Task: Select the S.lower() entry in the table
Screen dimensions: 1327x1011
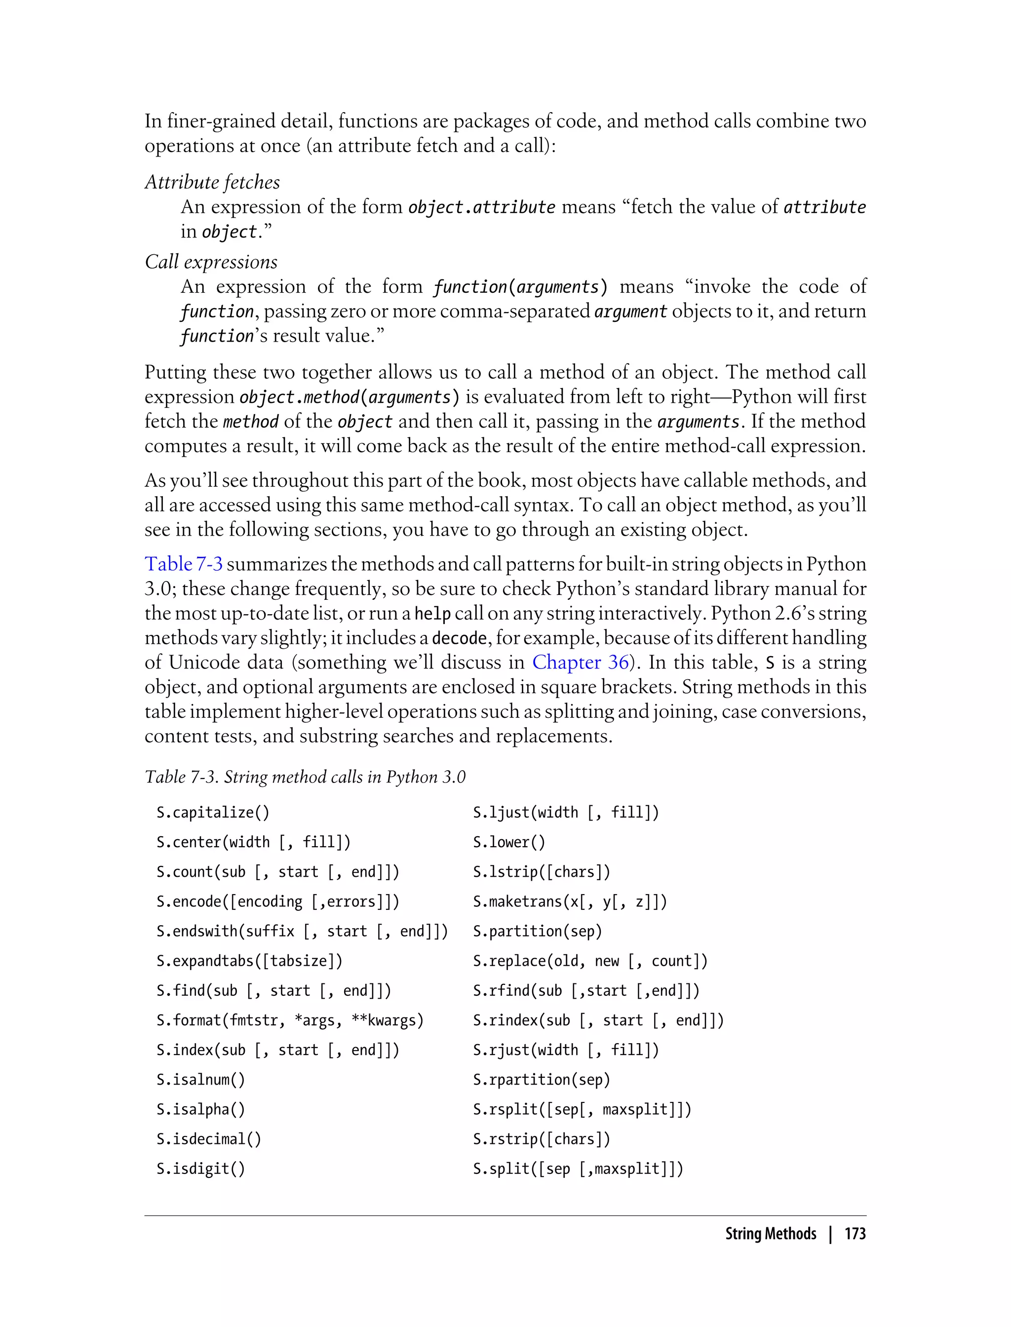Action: [x=509, y=842]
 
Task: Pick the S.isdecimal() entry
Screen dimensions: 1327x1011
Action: [x=209, y=1138]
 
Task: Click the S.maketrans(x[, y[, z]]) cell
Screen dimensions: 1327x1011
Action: [x=570, y=901]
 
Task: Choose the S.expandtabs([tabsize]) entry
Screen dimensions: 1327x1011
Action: [x=249, y=961]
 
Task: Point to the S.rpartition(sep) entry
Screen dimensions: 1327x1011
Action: [x=542, y=1080]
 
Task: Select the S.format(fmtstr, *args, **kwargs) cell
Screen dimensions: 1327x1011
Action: [x=290, y=1020]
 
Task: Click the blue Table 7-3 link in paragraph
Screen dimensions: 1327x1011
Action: [x=184, y=564]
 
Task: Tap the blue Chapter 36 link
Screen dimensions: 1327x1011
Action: [x=581, y=662]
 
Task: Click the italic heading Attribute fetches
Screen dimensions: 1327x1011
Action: [x=212, y=182]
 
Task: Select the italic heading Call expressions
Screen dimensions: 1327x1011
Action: [x=211, y=262]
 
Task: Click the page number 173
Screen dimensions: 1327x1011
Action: [x=855, y=1234]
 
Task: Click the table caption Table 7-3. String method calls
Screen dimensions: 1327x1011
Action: [x=305, y=777]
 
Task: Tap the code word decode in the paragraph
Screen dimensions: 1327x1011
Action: [x=459, y=638]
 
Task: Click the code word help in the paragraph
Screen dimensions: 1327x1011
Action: [x=432, y=614]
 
